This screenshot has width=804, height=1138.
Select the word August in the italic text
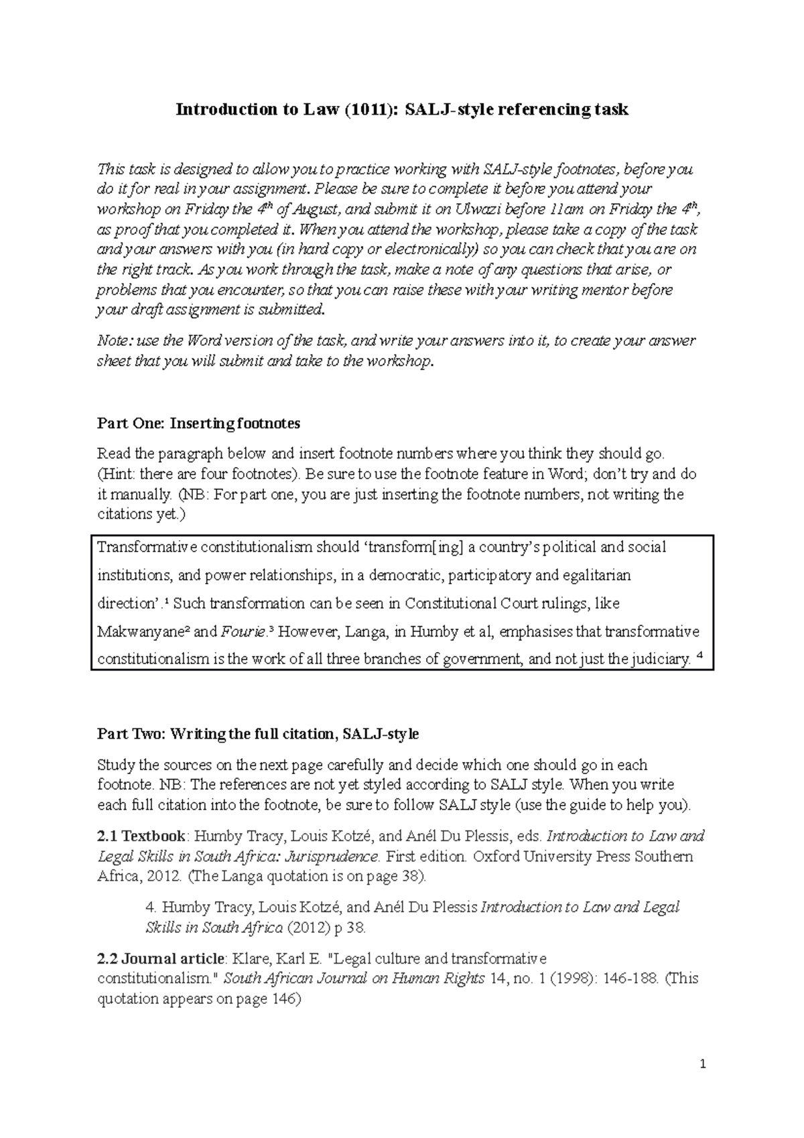pos(315,209)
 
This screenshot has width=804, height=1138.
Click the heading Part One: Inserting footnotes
pos(199,424)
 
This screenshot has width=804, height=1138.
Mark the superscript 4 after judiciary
pos(701,657)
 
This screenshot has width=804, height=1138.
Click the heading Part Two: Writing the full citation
pos(258,734)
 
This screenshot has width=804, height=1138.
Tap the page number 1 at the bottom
pos(702,1064)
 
